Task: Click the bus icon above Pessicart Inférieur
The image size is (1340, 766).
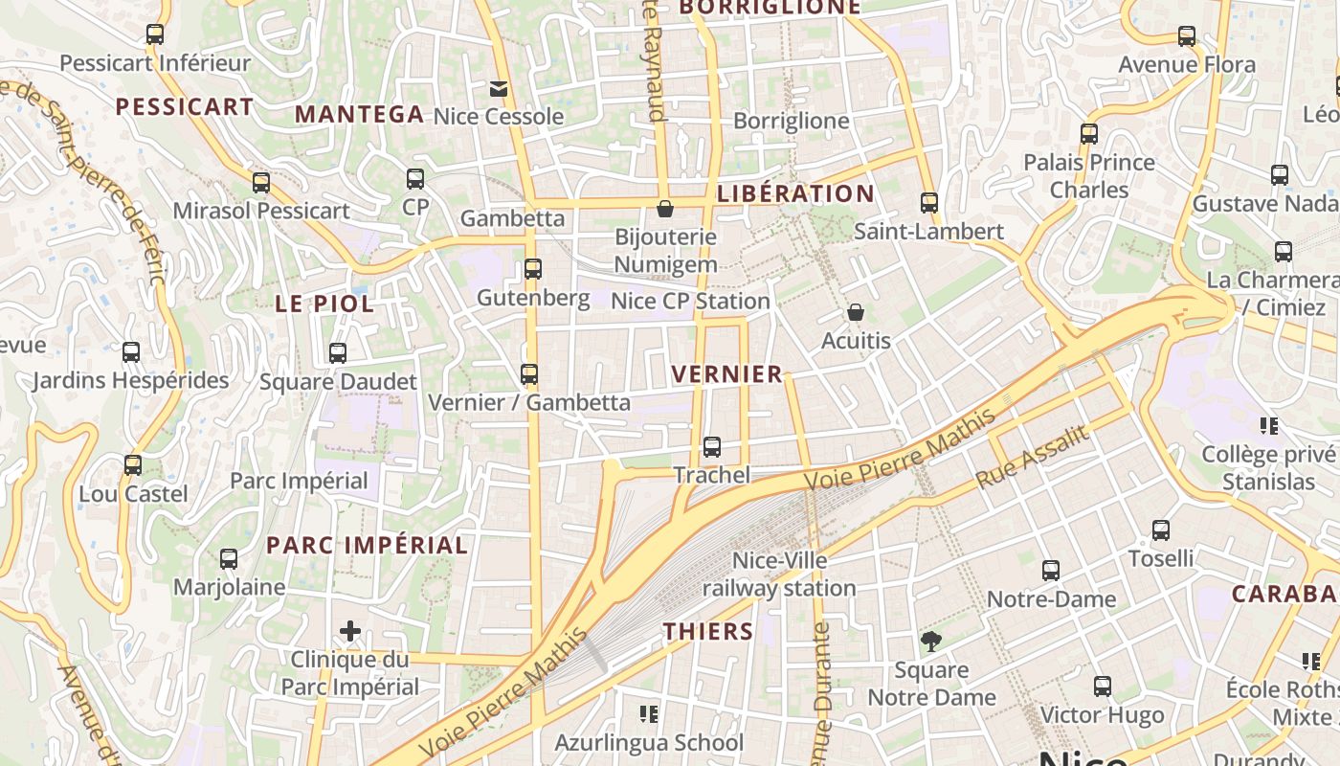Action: (x=154, y=34)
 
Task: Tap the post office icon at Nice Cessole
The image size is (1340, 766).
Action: (x=499, y=89)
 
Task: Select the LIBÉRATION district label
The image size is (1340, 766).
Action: (x=795, y=193)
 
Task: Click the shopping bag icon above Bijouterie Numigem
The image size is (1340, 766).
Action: (x=665, y=208)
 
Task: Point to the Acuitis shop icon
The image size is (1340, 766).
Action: (x=856, y=312)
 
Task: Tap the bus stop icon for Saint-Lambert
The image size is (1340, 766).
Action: (x=928, y=202)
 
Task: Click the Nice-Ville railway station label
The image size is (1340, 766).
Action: (x=779, y=574)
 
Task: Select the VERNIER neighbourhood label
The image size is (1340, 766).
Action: (x=727, y=374)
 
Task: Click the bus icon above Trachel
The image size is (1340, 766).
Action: (x=711, y=446)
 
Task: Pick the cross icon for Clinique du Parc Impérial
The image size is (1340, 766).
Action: (x=350, y=631)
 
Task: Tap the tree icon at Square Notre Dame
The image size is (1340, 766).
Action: (x=930, y=642)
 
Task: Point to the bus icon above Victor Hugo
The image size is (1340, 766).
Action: (x=1103, y=687)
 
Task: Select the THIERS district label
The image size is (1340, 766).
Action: (x=708, y=631)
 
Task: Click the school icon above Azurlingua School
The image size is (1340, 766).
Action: (x=649, y=714)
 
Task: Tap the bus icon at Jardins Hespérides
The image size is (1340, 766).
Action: (x=131, y=352)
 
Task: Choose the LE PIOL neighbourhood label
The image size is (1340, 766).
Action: (x=324, y=304)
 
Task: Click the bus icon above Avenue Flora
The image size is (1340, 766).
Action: (x=1187, y=36)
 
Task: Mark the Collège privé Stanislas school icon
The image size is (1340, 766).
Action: (x=1269, y=425)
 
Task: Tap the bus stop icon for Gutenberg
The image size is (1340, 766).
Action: (x=533, y=269)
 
